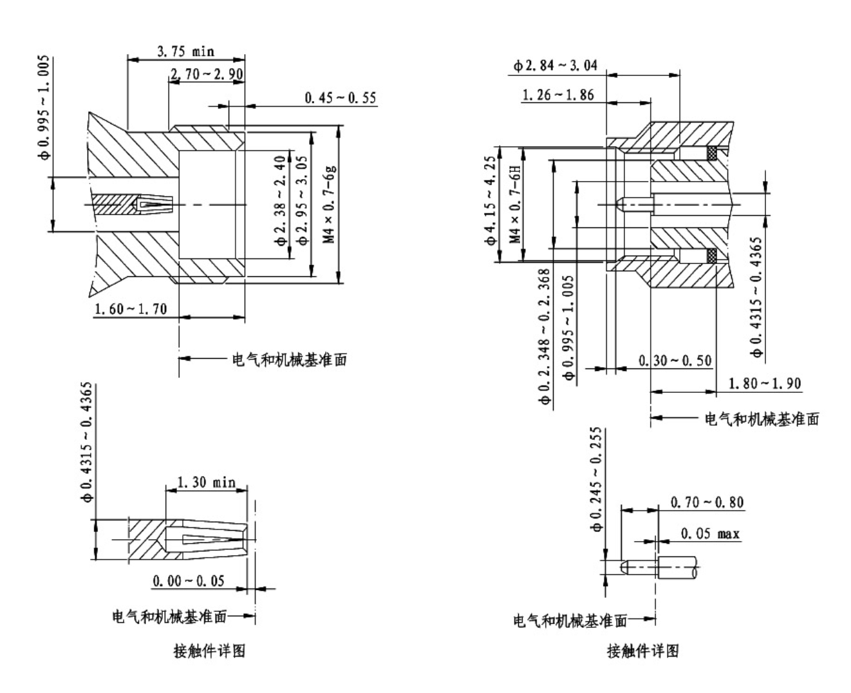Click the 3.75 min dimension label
tap(185, 52)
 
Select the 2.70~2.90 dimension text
tap(206, 75)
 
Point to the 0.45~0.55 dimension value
tap(340, 99)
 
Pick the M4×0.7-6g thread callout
tap(330, 204)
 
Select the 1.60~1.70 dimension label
tap(131, 309)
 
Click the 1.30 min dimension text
tap(206, 482)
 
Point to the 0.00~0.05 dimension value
tap(189, 581)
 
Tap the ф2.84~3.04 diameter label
tap(555, 65)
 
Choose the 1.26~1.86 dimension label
tap(557, 95)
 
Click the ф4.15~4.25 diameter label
tap(491, 200)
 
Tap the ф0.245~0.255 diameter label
tap(597, 479)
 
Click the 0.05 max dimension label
tap(710, 534)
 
